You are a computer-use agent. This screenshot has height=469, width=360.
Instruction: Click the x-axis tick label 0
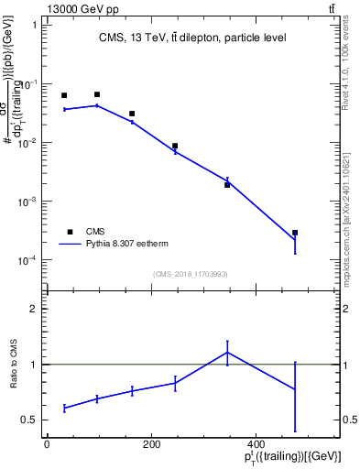(47, 444)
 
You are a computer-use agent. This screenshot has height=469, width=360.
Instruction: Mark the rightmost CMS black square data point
(295, 233)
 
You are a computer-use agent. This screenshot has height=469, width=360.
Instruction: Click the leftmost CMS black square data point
(64, 95)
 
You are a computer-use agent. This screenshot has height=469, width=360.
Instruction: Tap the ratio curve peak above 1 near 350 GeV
(227, 352)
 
